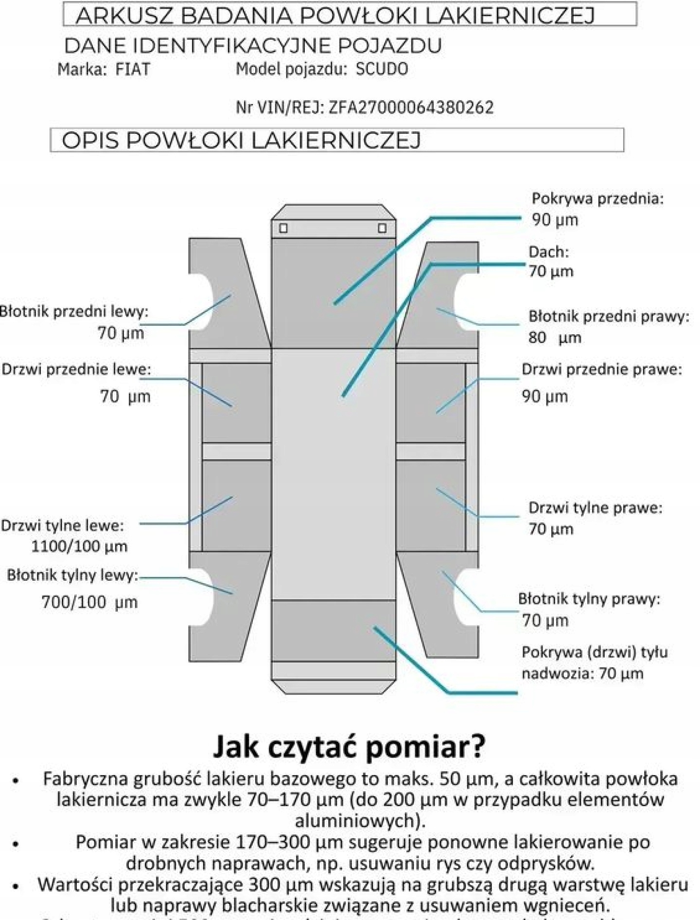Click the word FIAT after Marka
[133, 69]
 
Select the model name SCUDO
[382, 69]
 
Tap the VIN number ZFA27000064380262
[411, 107]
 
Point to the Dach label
[548, 252]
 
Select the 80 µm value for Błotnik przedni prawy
[555, 337]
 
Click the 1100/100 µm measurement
[79, 546]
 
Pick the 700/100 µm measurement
[89, 603]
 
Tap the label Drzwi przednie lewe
[76, 369]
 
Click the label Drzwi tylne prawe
[595, 508]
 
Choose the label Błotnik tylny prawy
[589, 599]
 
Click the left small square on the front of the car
[283, 228]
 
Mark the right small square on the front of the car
[383, 228]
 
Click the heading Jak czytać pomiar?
[349, 746]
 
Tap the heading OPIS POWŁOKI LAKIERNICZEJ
[241, 140]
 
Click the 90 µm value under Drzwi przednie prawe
[544, 397]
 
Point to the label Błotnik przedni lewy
[74, 312]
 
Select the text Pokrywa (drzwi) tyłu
[595, 652]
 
